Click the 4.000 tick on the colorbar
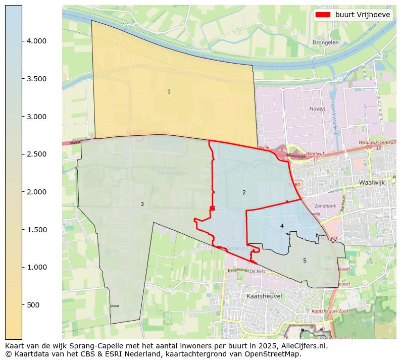click(x=36, y=41)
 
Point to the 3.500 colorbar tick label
click(x=36, y=79)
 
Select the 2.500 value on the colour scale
click(x=36, y=154)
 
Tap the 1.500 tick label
click(x=36, y=230)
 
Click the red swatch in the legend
click(x=323, y=15)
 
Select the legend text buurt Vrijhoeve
click(x=362, y=15)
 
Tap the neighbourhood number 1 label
click(x=169, y=91)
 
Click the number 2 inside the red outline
click(x=244, y=192)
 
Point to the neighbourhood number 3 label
click(x=142, y=204)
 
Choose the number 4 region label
click(x=282, y=226)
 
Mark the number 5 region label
click(x=305, y=261)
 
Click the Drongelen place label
click(x=325, y=43)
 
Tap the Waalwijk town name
click(x=372, y=182)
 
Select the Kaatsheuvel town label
click(x=264, y=296)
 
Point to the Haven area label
click(x=317, y=109)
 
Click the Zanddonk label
click(x=325, y=206)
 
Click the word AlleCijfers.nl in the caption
click(x=304, y=346)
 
